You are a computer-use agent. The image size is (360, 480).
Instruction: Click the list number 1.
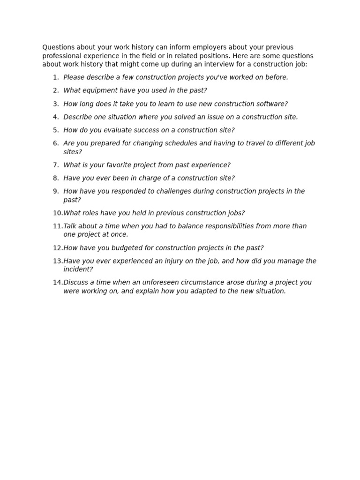55,77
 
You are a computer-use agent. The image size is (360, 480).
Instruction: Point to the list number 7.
55,165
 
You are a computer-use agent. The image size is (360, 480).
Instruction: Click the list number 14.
57,283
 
